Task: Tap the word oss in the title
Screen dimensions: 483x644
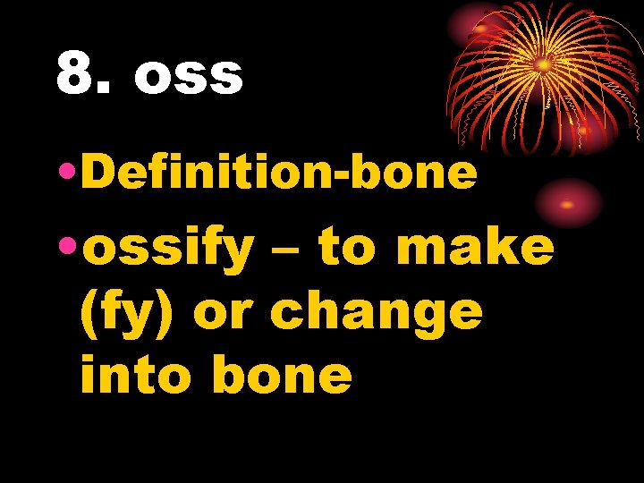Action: pos(189,77)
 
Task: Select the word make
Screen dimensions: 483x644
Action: pos(475,246)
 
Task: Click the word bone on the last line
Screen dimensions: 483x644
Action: pos(283,375)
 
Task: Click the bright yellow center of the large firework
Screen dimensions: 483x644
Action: pos(543,64)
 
